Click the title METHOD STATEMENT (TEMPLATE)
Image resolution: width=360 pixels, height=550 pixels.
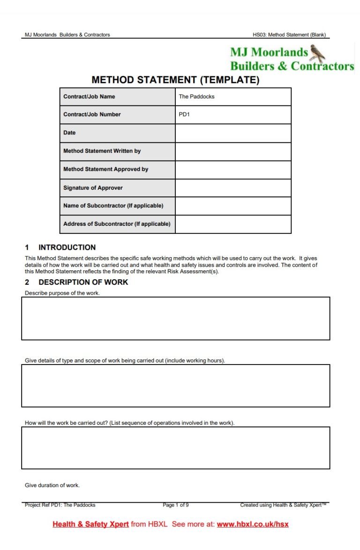(x=175, y=80)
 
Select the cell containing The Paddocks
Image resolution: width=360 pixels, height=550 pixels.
(x=233, y=97)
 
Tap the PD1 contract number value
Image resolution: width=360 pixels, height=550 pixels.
(x=233, y=114)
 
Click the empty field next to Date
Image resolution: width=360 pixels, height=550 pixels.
(x=233, y=133)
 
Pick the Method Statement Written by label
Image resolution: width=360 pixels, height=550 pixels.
(x=102, y=151)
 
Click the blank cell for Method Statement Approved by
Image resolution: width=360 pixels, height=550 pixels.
(x=233, y=170)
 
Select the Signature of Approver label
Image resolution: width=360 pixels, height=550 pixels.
(x=93, y=188)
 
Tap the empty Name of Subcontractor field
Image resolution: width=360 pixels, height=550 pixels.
(x=233, y=206)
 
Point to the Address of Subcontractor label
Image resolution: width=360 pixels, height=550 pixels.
(x=117, y=224)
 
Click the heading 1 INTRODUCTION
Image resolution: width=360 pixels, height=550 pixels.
(x=60, y=247)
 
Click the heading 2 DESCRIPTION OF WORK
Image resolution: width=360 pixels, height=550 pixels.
(x=76, y=282)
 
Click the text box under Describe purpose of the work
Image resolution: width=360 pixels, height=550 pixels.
(x=175, y=318)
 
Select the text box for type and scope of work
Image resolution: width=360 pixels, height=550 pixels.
(x=175, y=386)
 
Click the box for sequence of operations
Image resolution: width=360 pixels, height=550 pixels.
(x=175, y=447)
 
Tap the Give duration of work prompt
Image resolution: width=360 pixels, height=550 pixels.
(x=52, y=485)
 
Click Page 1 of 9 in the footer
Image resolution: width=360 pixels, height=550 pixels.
(x=176, y=505)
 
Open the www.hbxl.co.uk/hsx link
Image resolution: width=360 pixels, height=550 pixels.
(x=253, y=524)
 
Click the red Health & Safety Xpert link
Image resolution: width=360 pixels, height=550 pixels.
(x=90, y=524)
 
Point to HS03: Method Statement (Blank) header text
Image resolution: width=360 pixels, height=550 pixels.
(x=289, y=35)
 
